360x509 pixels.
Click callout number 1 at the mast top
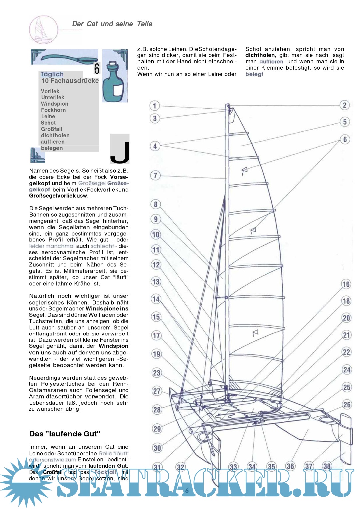click(154, 106)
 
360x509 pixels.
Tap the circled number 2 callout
click(345, 105)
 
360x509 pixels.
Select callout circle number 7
click(155, 175)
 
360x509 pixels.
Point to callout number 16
click(346, 284)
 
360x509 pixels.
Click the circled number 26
click(347, 404)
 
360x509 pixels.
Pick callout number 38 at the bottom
click(327, 466)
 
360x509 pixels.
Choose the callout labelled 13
click(156, 281)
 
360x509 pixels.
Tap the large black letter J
click(120, 152)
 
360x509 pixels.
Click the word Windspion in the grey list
click(55, 104)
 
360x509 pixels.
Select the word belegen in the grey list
click(52, 148)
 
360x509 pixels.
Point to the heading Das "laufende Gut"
click(65, 434)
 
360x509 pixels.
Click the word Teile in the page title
click(145, 24)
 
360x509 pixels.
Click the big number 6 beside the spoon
click(97, 69)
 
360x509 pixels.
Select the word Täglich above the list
click(52, 74)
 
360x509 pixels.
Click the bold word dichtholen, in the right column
click(261, 55)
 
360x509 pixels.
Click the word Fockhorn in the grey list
click(53, 110)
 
